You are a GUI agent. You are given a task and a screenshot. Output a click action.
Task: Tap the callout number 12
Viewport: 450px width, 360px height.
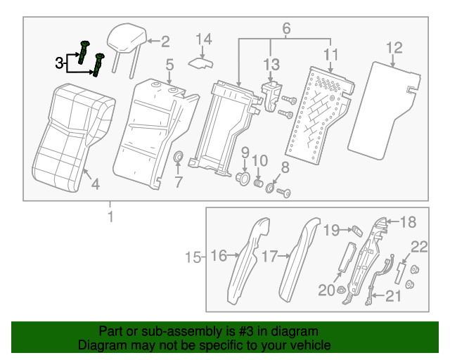[x=394, y=48]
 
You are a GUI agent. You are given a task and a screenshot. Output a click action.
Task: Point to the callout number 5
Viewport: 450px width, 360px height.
[x=169, y=65]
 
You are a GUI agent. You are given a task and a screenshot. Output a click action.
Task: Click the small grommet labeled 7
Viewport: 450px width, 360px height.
[x=179, y=156]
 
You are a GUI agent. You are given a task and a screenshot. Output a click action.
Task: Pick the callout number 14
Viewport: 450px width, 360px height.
[x=203, y=38]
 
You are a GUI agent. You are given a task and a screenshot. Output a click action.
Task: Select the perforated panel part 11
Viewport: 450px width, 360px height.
[x=316, y=112]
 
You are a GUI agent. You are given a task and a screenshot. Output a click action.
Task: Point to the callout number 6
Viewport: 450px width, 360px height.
[x=286, y=28]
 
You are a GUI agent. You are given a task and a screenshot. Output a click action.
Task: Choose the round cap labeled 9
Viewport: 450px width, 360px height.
[x=243, y=178]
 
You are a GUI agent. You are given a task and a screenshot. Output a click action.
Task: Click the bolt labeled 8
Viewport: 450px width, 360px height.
[x=285, y=192]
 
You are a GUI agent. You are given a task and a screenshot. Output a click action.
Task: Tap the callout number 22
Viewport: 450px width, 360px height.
[x=419, y=246]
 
